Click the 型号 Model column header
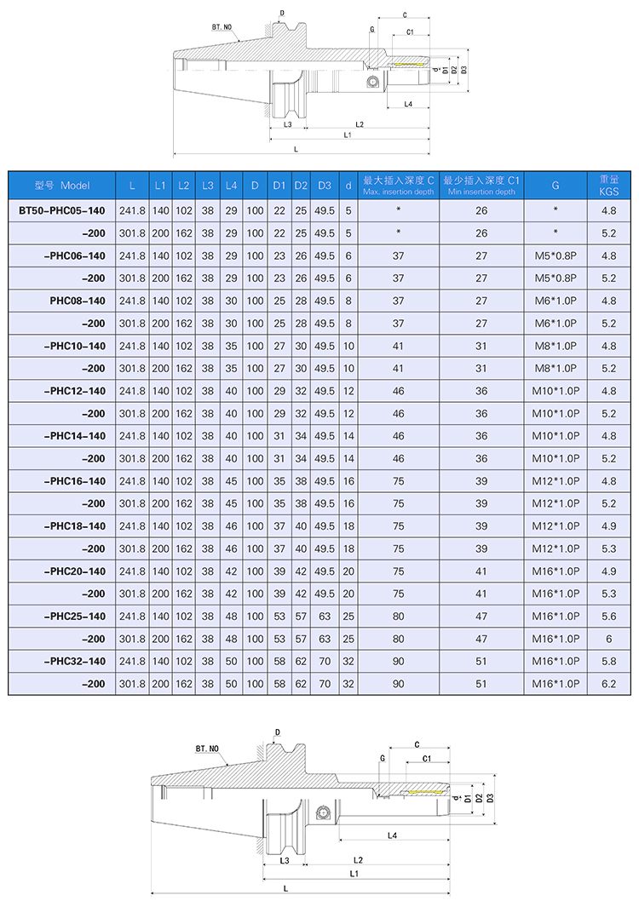[62, 185]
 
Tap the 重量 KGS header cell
[608, 185]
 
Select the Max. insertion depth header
[398, 185]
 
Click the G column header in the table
[556, 185]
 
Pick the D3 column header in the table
[324, 185]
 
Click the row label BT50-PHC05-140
[62, 210]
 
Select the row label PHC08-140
[77, 301]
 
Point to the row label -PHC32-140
[74, 661]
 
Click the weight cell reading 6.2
[608, 684]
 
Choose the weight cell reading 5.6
[608, 616]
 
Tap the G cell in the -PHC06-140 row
[556, 255]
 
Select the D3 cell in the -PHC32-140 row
[324, 661]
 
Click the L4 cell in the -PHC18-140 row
[231, 525]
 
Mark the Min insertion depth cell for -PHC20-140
[481, 571]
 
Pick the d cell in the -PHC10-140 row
[348, 346]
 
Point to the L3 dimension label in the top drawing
[287, 124]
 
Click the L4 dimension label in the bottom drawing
[393, 835]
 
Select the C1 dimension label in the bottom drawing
[427, 758]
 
